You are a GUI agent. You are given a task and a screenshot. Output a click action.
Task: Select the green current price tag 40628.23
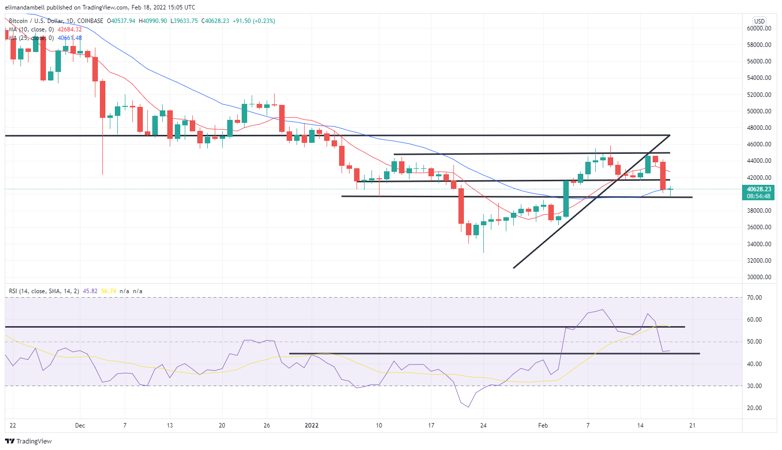759,189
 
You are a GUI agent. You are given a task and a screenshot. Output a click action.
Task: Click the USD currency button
759,21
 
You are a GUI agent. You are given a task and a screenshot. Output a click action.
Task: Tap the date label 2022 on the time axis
312,426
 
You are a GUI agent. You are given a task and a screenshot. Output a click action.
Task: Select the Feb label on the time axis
543,426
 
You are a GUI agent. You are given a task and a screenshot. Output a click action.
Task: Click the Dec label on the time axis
80,426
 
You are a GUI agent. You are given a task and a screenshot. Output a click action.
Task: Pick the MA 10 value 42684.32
69,29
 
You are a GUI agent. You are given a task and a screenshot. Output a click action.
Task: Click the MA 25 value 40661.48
69,38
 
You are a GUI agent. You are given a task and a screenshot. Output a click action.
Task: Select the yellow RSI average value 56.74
108,291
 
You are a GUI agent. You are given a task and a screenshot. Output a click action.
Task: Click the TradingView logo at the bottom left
28,441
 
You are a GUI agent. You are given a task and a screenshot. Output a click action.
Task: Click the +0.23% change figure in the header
264,21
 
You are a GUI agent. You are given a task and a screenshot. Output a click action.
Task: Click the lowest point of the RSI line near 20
468,407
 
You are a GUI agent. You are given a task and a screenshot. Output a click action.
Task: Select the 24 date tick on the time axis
483,426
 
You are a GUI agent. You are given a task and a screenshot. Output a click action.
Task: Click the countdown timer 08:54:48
759,196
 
